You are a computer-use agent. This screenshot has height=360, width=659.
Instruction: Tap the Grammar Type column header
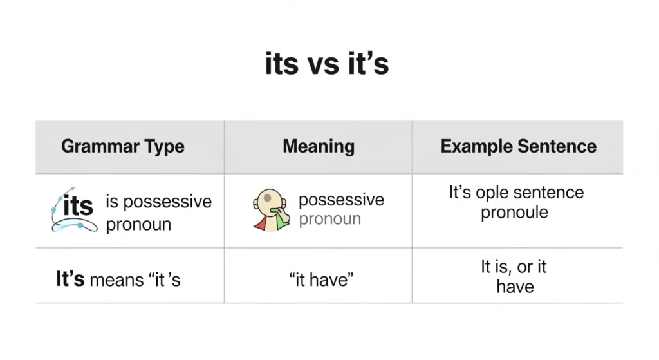tap(123, 146)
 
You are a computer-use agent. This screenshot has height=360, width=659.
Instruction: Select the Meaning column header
tap(319, 146)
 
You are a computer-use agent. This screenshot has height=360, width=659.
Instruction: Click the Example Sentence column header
tap(518, 146)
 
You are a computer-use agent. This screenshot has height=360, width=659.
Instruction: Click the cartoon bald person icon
tap(268, 210)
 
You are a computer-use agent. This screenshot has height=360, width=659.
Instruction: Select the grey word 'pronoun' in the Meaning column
tap(329, 219)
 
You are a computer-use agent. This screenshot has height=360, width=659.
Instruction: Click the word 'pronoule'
tap(514, 212)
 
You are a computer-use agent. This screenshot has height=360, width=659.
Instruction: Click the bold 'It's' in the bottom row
tap(70, 280)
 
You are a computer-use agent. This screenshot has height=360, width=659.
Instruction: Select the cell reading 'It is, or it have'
tap(514, 276)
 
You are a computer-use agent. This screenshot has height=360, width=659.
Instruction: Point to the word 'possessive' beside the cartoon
tap(341, 200)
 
